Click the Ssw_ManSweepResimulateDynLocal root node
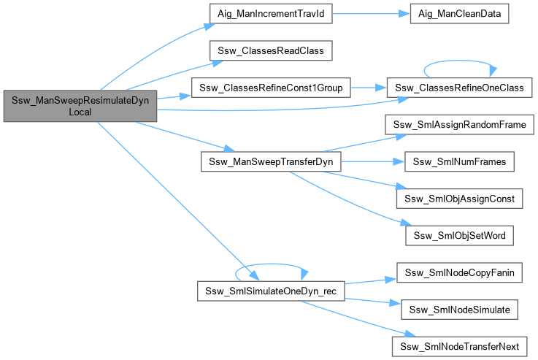point(80,107)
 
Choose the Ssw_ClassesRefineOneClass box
point(459,88)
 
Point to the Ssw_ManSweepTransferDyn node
point(271,161)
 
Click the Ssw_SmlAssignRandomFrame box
point(459,124)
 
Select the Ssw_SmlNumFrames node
point(459,161)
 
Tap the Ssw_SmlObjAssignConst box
point(459,198)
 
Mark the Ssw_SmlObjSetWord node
point(459,235)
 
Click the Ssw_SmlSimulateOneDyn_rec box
point(271,291)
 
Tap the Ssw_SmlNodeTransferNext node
point(459,345)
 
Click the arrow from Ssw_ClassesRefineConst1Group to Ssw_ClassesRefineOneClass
point(369,88)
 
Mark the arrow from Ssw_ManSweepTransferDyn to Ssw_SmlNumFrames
point(372,161)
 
